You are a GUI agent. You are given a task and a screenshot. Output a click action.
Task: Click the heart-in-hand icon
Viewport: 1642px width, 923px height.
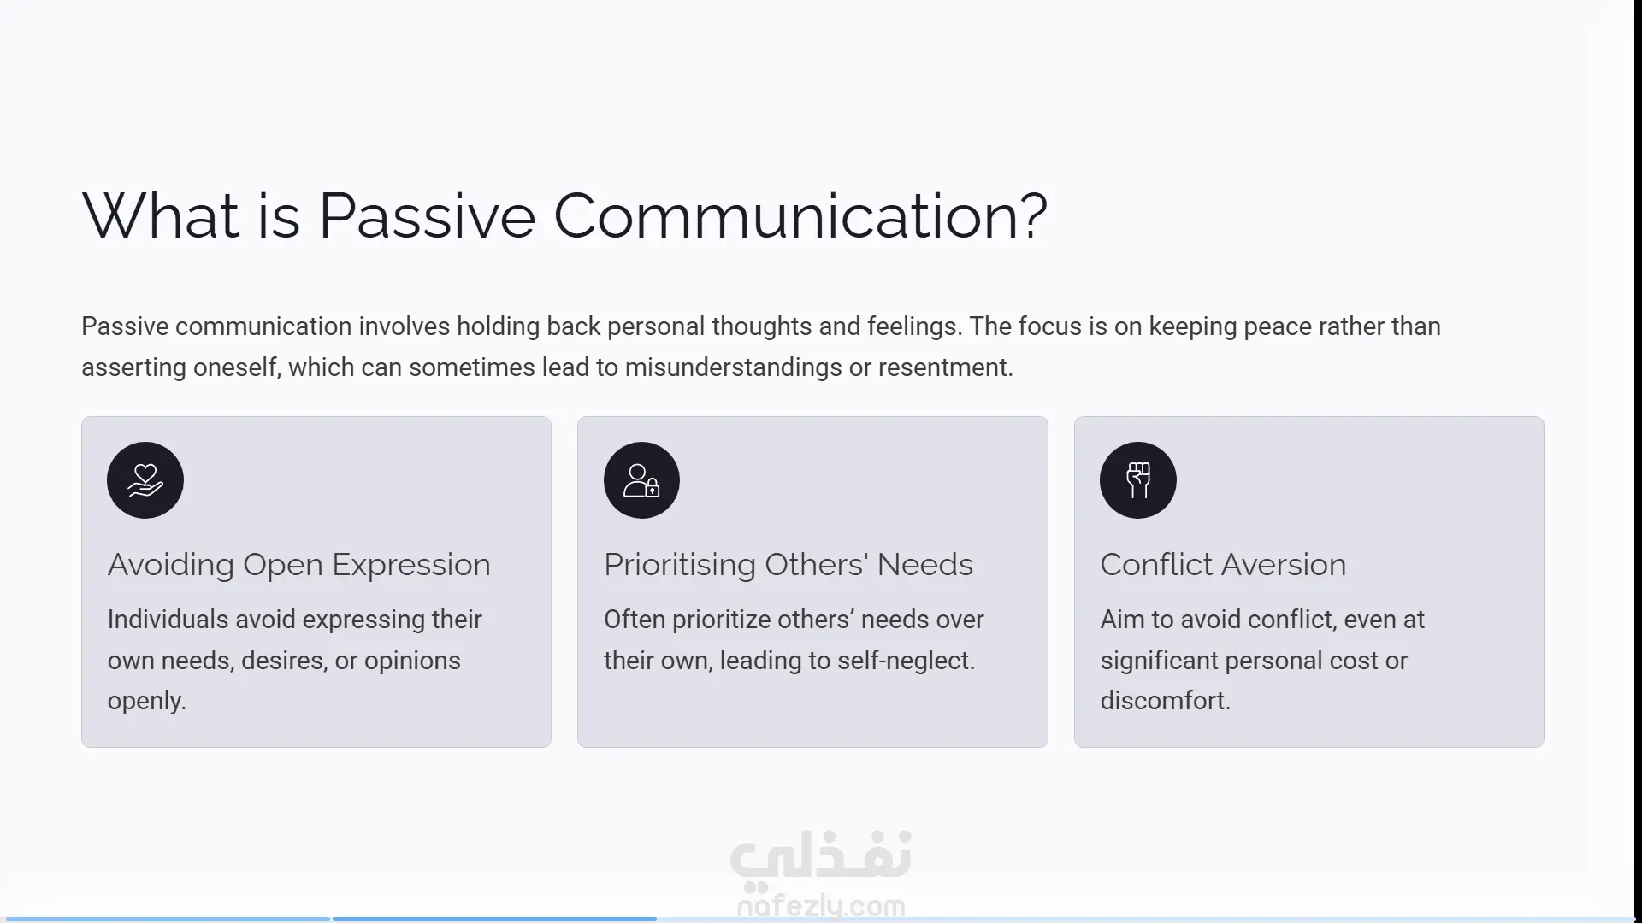tap(145, 480)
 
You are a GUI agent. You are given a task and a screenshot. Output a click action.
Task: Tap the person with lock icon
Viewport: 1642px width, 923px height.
tap(641, 480)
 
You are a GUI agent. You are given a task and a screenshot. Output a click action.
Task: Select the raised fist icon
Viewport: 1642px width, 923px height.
tap(1138, 480)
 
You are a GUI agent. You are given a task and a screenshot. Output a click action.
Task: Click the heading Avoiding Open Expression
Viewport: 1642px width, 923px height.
tap(299, 565)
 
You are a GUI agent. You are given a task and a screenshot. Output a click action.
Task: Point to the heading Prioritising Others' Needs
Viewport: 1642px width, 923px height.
tap(789, 565)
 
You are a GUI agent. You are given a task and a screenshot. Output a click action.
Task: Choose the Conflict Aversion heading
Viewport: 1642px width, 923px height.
tap(1223, 565)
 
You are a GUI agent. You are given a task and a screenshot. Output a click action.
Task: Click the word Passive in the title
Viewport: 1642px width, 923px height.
tap(427, 215)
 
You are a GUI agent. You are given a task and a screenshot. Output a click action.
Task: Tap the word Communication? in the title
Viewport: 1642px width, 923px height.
tap(800, 215)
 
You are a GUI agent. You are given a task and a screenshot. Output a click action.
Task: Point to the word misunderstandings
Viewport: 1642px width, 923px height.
tap(734, 368)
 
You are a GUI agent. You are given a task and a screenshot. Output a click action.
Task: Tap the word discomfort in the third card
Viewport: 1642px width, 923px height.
tap(1163, 701)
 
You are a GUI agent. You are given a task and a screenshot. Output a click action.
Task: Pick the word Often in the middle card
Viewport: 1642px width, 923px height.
tap(635, 620)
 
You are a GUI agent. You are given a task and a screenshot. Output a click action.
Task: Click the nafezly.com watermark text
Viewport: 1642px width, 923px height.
tap(821, 906)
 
